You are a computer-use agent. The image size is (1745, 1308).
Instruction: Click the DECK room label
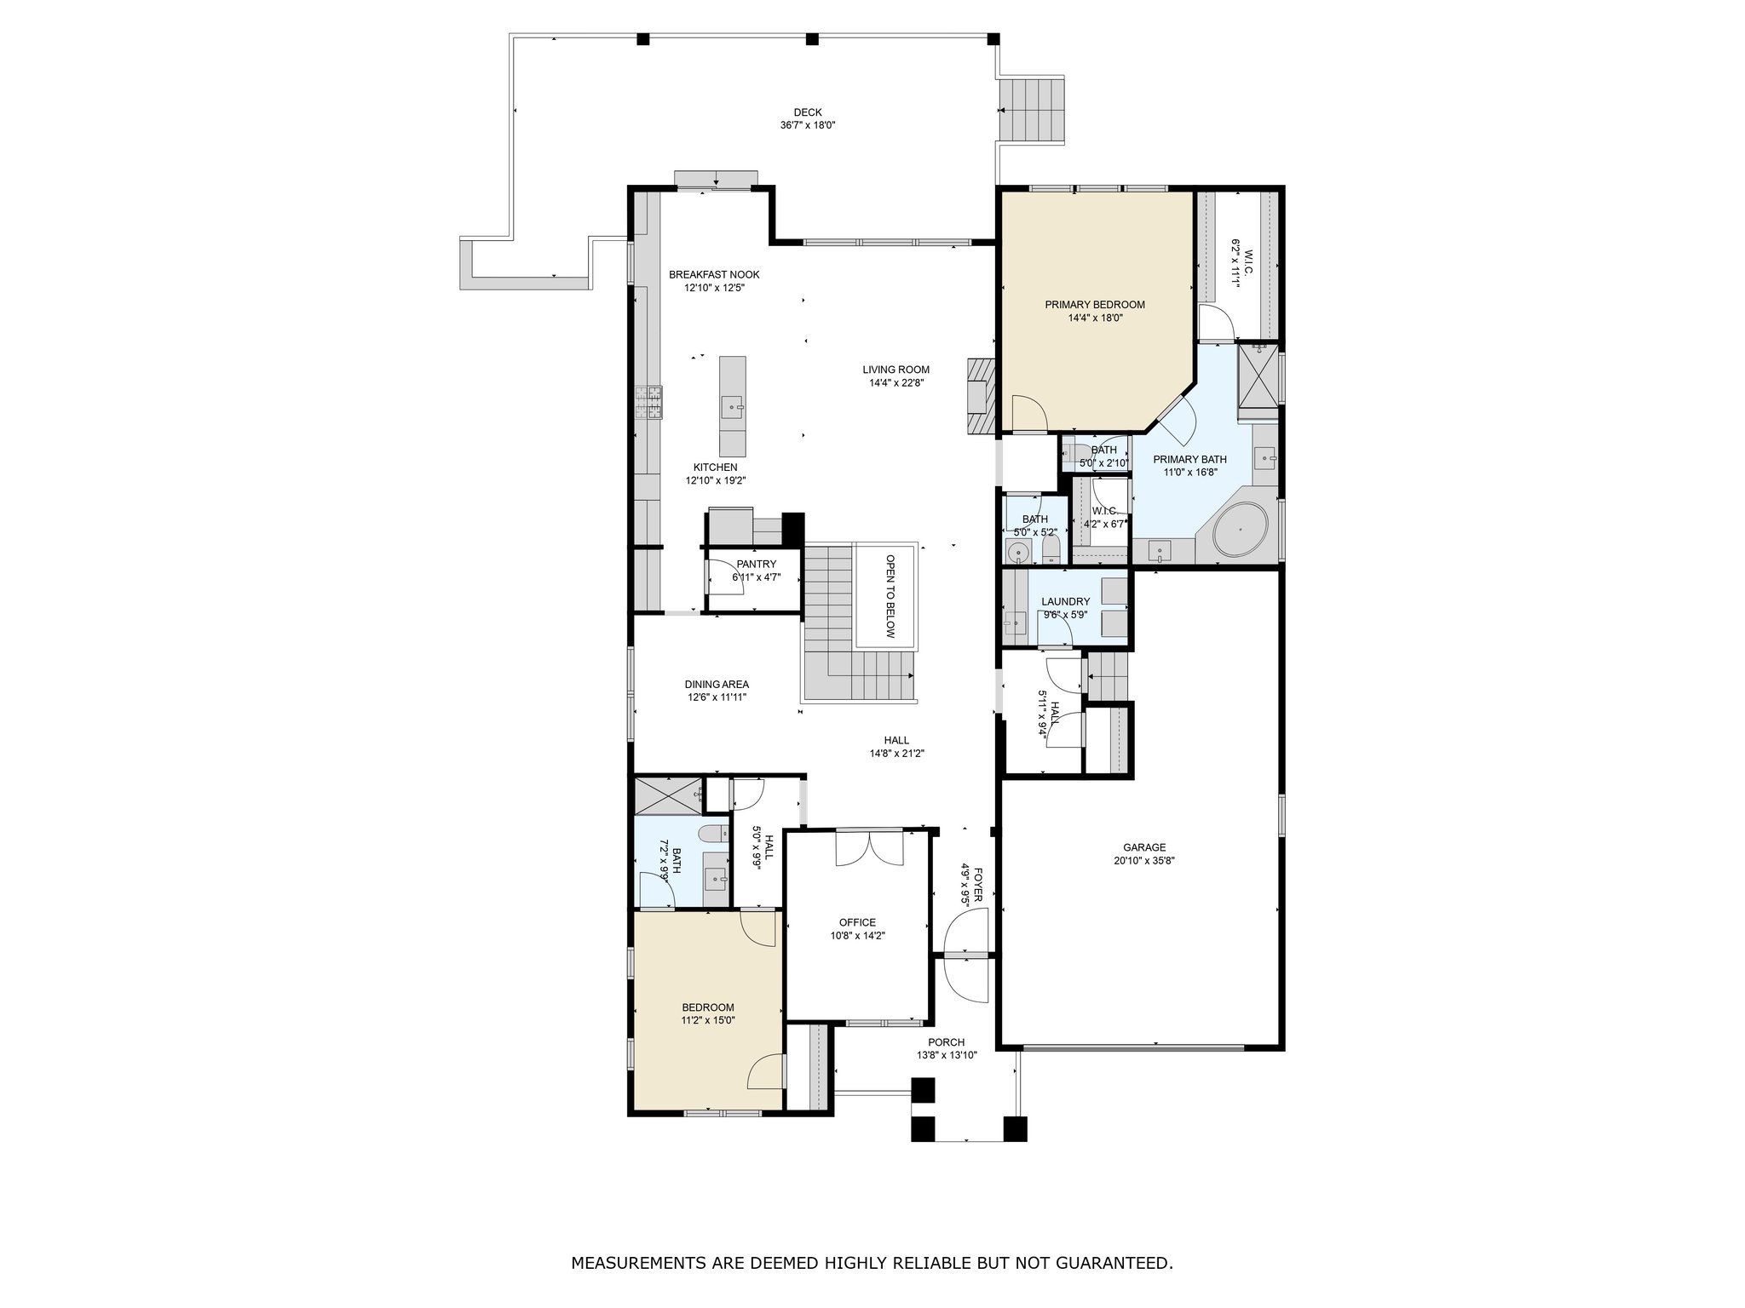pyautogui.click(x=808, y=112)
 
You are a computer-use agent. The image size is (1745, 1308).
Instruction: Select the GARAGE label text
pyautogui.click(x=1143, y=847)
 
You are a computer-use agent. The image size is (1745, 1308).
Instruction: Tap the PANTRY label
pyautogui.click(x=757, y=564)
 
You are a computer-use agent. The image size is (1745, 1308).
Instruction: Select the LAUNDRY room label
pyautogui.click(x=1065, y=601)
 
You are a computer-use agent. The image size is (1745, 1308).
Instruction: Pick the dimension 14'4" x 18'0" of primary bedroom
pyautogui.click(x=1095, y=318)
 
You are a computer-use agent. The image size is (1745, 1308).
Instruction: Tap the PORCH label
pyautogui.click(x=946, y=1042)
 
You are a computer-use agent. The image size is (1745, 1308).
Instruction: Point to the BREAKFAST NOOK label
pyautogui.click(x=714, y=274)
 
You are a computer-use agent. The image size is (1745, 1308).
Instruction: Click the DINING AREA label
pyautogui.click(x=717, y=684)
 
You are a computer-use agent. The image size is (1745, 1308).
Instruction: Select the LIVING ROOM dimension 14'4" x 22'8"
pyautogui.click(x=896, y=383)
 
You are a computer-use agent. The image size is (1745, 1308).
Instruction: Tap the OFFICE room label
pyautogui.click(x=857, y=922)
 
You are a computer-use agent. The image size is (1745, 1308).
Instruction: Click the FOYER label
pyautogui.click(x=978, y=886)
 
